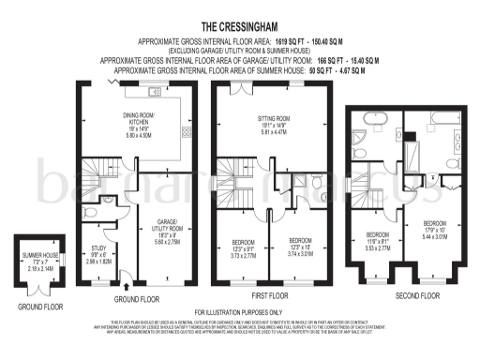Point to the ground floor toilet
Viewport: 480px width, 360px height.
pyautogui.click(x=110, y=200)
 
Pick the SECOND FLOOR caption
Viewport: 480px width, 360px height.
pyautogui.click(x=416, y=295)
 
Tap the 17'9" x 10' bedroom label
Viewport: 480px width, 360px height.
pyautogui.click(x=436, y=229)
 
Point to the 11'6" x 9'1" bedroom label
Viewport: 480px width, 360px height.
pyautogui.click(x=378, y=239)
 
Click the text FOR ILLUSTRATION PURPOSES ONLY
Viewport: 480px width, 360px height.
pyautogui.click(x=239, y=312)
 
